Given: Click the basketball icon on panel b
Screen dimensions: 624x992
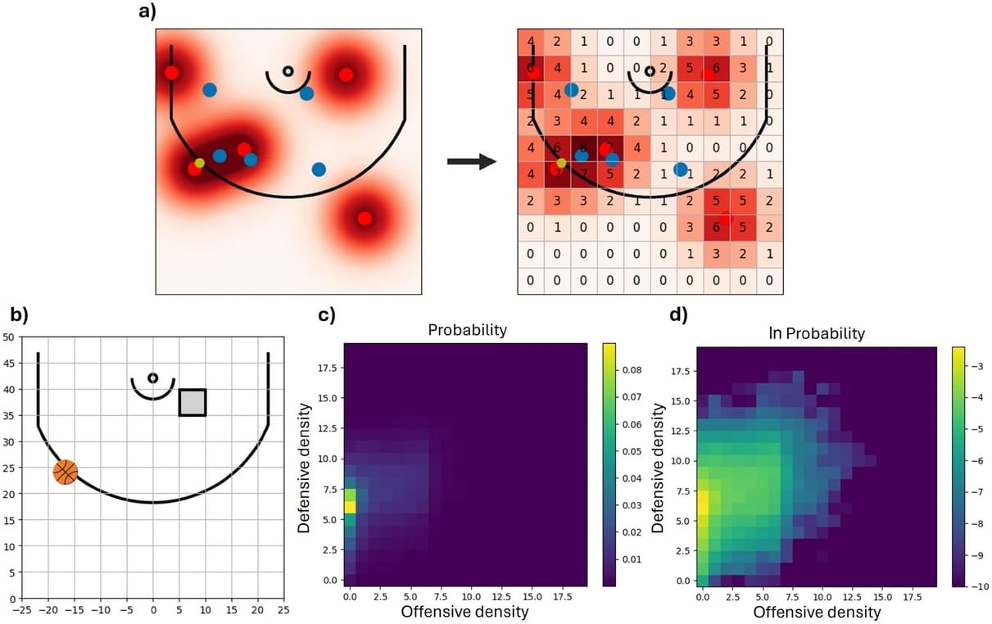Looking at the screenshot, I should (66, 472).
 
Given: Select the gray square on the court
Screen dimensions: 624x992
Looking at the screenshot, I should (193, 402).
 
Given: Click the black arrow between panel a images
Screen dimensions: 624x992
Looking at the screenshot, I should (472, 161).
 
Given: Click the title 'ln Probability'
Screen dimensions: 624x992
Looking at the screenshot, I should (816, 334).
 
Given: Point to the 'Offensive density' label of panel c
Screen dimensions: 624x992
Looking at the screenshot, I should (464, 611).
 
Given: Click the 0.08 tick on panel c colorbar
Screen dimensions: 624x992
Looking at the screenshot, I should (632, 369).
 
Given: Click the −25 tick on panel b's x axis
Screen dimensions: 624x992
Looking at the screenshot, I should (22, 611).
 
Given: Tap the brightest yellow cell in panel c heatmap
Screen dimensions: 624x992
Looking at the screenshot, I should (350, 507).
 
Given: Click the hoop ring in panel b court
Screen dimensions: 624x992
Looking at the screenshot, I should (153, 378).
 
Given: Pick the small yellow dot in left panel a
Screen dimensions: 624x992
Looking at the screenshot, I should (199, 163).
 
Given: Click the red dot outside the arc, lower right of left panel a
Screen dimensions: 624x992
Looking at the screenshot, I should (365, 218).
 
